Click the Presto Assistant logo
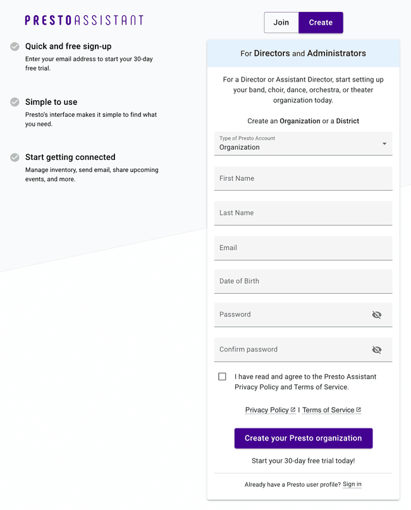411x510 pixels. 84,20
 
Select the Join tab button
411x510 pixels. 281,23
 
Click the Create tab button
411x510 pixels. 321,23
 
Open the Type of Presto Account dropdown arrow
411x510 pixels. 384,143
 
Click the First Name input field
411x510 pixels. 303,179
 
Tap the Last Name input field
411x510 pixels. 303,214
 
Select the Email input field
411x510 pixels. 303,248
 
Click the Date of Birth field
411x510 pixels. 303,281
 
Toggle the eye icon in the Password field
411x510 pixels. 377,315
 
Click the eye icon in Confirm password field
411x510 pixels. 377,349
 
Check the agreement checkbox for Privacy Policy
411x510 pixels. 222,377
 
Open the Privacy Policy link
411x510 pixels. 267,410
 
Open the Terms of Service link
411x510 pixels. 328,410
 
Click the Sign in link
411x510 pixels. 352,485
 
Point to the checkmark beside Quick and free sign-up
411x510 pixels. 15,46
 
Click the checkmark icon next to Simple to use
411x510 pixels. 15,102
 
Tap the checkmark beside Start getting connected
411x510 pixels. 15,157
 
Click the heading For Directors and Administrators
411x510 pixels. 303,54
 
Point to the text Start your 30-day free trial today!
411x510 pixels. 303,461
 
